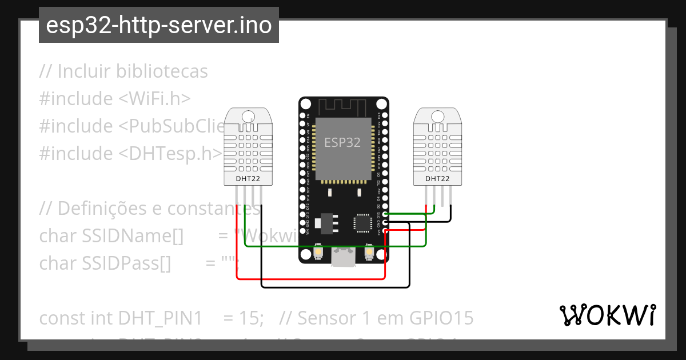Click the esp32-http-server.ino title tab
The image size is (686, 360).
coord(159,25)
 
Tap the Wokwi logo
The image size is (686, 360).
coord(607,315)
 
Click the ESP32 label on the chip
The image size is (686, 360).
coord(342,142)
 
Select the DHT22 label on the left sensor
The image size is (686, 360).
coord(248,178)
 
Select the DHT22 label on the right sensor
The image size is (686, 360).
coord(437,178)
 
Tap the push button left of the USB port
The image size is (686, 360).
coord(318,252)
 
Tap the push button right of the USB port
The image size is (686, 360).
coord(369,252)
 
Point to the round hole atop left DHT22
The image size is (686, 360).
coord(248,117)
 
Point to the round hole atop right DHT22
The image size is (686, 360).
coord(437,117)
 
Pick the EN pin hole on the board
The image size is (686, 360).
coord(302,115)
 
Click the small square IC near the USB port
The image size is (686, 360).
coord(362,222)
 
